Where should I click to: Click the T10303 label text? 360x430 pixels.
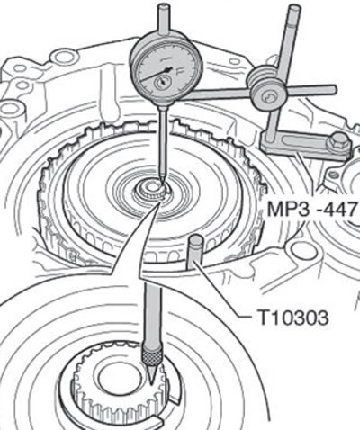293,318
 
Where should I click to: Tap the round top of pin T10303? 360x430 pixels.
196,240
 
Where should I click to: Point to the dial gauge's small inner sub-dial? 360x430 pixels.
163,82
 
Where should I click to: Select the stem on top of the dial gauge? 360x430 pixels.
164,21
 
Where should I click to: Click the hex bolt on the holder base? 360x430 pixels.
338,143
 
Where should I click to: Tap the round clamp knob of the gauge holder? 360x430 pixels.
267,95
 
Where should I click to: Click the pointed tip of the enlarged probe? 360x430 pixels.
151,384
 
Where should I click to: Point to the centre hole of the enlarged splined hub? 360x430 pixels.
114,377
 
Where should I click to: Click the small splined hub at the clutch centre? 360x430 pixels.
151,192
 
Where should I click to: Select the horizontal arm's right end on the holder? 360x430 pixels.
334,89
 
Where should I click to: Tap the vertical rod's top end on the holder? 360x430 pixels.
292,9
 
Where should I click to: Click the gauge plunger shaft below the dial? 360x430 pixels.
163,141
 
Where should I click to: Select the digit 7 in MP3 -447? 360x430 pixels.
351,209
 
